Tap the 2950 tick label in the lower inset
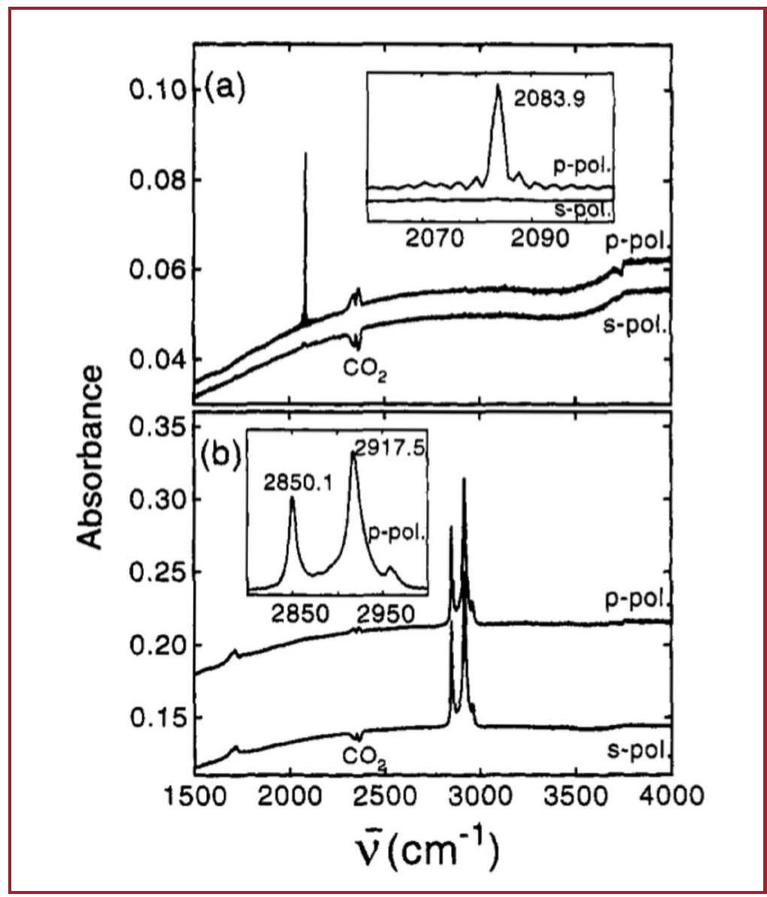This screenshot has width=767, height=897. (386, 615)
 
